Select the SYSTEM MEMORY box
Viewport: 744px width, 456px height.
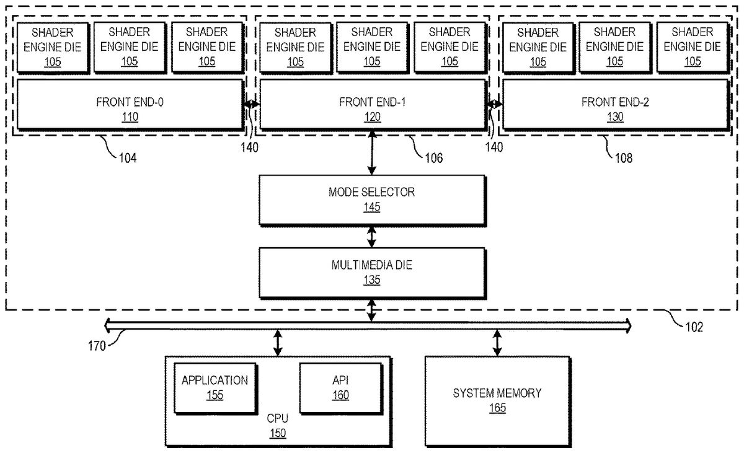pyautogui.click(x=497, y=400)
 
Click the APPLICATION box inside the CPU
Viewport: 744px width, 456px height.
pyautogui.click(x=215, y=387)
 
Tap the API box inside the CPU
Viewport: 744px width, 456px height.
pyautogui.click(x=340, y=387)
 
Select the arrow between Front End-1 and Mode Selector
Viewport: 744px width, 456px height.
pyautogui.click(x=372, y=153)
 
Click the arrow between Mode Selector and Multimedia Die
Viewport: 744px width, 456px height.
pyautogui.click(x=372, y=236)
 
